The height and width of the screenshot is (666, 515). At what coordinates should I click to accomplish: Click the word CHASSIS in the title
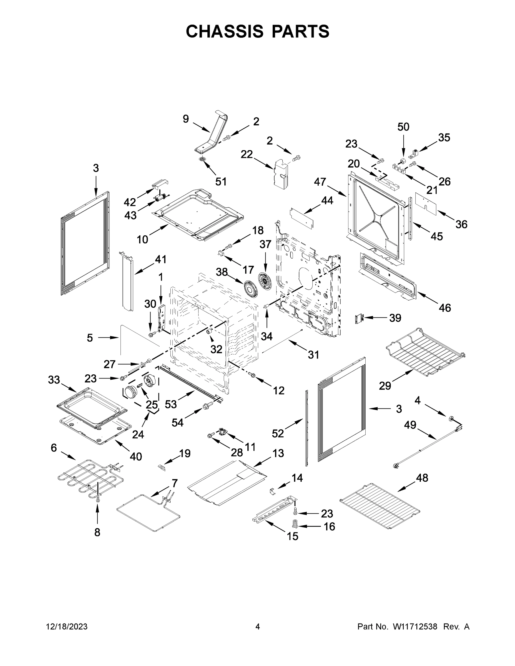225,31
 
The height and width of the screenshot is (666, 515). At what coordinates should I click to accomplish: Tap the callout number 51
221,182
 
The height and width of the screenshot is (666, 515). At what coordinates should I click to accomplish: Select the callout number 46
444,308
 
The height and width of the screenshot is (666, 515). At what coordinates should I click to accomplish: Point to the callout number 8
97,533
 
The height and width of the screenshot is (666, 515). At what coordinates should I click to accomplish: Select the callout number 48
422,478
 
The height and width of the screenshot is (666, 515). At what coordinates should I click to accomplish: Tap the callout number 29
385,386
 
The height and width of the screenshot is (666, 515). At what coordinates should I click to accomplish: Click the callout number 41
160,259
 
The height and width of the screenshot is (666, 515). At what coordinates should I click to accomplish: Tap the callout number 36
461,224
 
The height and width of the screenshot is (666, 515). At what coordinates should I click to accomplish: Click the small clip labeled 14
273,491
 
